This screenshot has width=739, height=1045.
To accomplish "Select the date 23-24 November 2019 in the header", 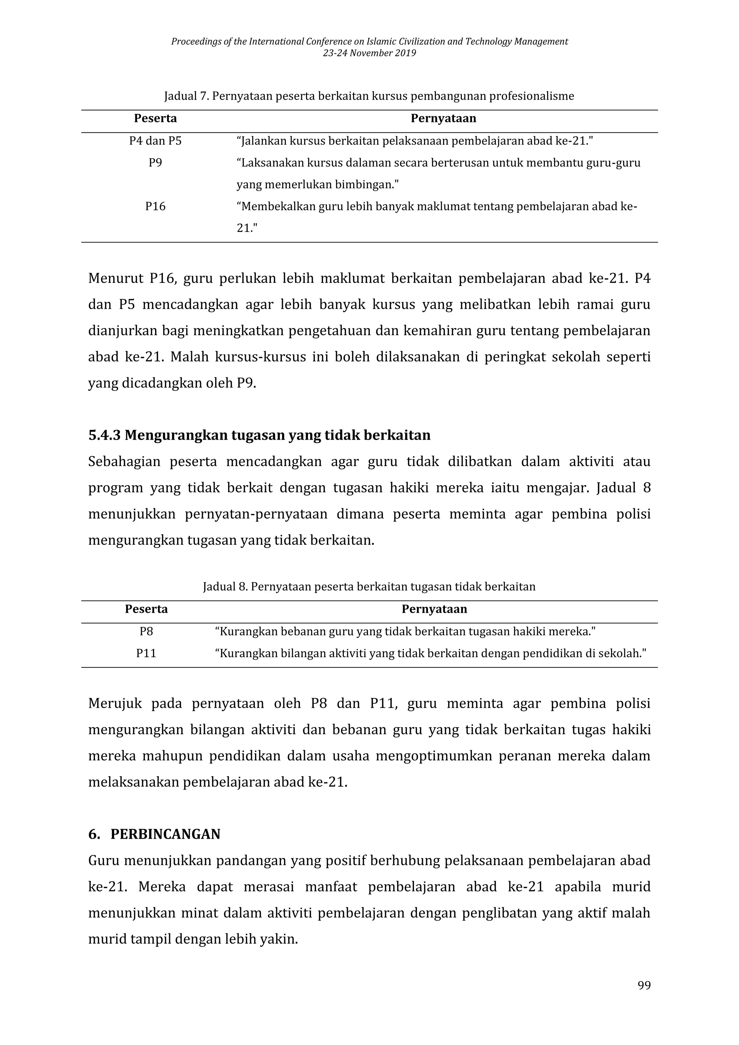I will [369, 53].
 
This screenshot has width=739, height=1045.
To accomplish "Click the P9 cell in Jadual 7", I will [155, 163].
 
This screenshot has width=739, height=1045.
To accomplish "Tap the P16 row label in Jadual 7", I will [155, 207].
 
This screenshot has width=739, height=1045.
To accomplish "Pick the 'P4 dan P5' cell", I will [155, 141].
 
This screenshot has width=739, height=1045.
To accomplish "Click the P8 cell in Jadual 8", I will [146, 632].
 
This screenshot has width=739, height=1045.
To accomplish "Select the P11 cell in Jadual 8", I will [146, 654].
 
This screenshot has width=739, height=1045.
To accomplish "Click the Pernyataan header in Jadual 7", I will [443, 119].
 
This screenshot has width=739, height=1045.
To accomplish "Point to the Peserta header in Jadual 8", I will [146, 609].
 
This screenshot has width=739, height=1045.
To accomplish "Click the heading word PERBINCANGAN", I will [165, 834].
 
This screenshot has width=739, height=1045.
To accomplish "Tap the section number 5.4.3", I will [104, 436].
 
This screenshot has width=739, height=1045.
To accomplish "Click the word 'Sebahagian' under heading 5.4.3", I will [124, 462].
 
